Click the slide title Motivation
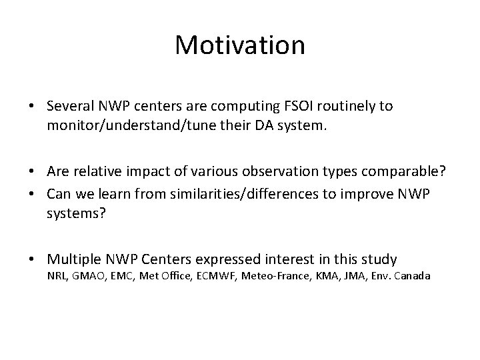point(240,45)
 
